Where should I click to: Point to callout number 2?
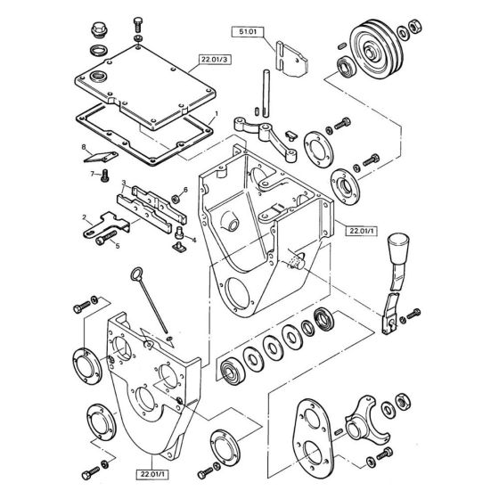[86, 217]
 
